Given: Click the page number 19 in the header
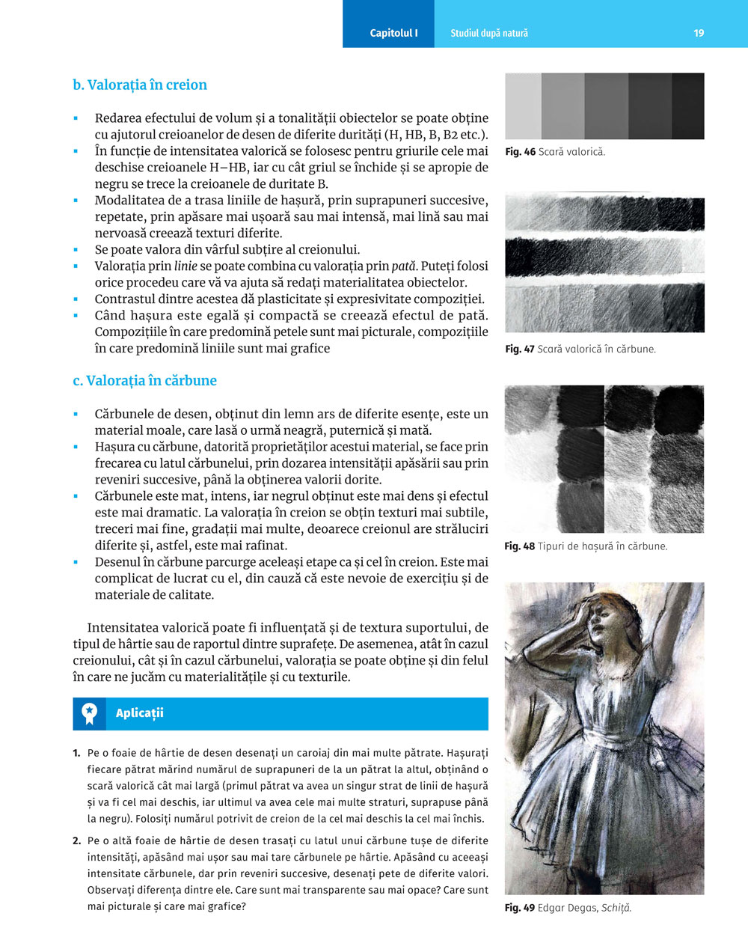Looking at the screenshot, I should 699,33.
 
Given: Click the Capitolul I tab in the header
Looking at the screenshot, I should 393,33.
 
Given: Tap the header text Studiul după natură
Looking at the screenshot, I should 489,33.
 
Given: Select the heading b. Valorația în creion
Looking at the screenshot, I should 140,85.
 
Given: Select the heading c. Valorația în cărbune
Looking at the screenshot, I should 144,380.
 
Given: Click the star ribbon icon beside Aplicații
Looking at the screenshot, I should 90,713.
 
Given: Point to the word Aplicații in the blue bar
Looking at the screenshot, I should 140,713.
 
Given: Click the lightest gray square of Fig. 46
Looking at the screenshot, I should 523,106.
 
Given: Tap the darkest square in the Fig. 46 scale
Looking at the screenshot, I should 688,106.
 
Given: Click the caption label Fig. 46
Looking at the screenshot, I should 520,152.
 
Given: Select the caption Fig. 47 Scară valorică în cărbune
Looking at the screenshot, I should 580,349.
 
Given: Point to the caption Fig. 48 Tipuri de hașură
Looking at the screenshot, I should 585,546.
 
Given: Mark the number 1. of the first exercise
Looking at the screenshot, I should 77,753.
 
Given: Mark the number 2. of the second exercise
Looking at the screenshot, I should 77,840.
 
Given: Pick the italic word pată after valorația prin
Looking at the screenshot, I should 404,266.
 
